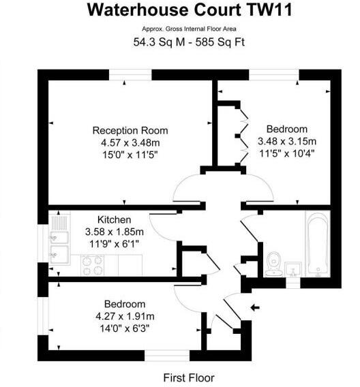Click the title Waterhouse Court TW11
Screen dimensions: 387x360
coord(180,10)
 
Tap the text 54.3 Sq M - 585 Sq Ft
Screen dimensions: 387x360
coord(180,42)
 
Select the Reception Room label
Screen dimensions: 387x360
coord(130,131)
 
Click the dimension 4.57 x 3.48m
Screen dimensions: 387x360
coord(130,142)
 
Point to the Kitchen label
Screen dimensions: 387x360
coord(110,220)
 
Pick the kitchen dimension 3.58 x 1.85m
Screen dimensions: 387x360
coord(110,232)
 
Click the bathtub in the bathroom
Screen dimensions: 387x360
coord(317,244)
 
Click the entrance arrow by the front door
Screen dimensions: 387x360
coord(254,308)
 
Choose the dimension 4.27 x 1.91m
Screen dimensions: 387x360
coord(125,315)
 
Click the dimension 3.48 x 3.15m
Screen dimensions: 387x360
coord(287,141)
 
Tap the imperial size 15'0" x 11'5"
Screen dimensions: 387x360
coord(130,154)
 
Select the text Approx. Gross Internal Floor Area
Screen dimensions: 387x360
coord(180,28)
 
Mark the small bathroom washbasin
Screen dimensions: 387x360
coord(295,268)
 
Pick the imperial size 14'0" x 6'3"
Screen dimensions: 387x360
coord(125,327)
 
